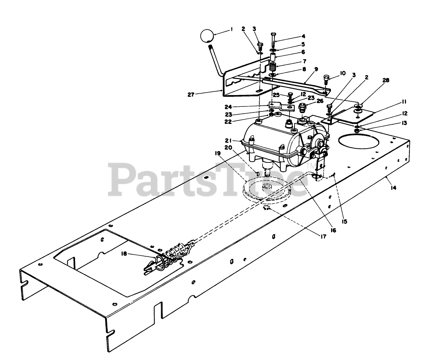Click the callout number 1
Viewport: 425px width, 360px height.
231,30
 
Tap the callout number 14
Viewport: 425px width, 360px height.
394,188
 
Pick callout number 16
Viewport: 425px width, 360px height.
333,230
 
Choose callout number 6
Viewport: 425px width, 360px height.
303,52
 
